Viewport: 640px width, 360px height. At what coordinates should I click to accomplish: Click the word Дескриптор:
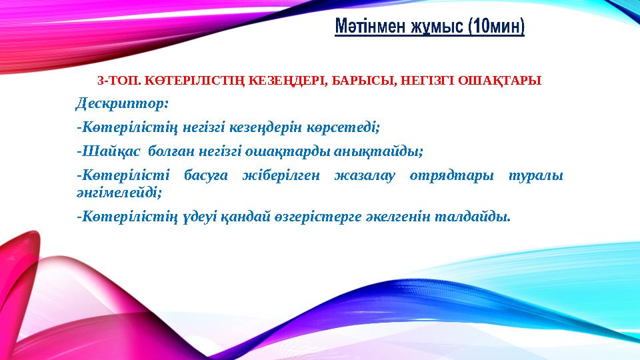123,104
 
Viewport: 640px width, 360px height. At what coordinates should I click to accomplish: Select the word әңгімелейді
119,191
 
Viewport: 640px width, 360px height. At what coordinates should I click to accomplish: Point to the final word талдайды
474,216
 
